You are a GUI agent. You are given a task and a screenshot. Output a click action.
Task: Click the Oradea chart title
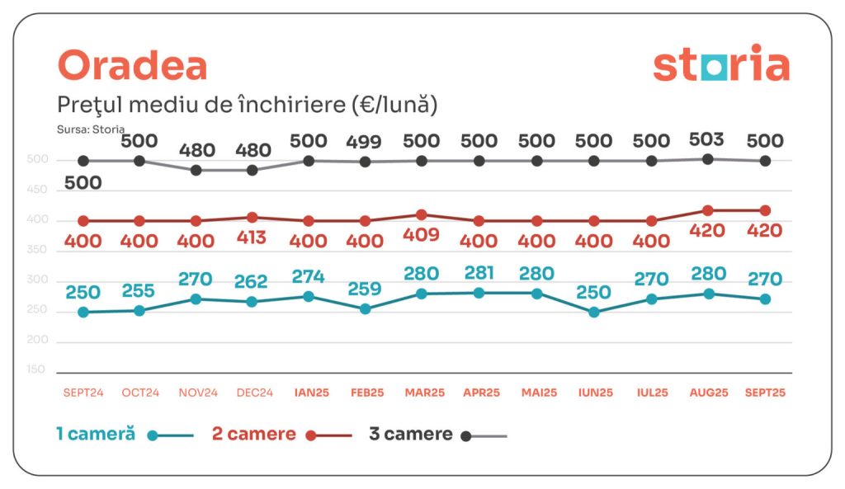132,66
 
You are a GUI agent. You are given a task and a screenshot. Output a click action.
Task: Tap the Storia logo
720,66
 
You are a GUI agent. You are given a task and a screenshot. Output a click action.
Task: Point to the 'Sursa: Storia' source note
91,129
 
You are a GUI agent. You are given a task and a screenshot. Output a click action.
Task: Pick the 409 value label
422,235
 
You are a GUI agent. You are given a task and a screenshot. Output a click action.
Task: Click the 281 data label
479,272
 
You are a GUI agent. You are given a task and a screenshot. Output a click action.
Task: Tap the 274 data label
308,276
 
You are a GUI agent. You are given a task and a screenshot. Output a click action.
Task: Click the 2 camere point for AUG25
708,211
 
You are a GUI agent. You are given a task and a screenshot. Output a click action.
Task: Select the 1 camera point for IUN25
593,312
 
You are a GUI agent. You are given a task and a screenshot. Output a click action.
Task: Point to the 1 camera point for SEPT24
83,312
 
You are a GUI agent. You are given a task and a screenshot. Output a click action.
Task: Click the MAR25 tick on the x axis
422,393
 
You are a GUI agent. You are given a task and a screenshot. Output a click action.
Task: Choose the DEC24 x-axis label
253,393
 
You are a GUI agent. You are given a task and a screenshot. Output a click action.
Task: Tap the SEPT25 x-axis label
765,393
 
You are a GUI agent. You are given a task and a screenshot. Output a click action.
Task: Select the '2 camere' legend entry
254,434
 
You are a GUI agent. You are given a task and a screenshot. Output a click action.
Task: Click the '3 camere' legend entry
411,434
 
